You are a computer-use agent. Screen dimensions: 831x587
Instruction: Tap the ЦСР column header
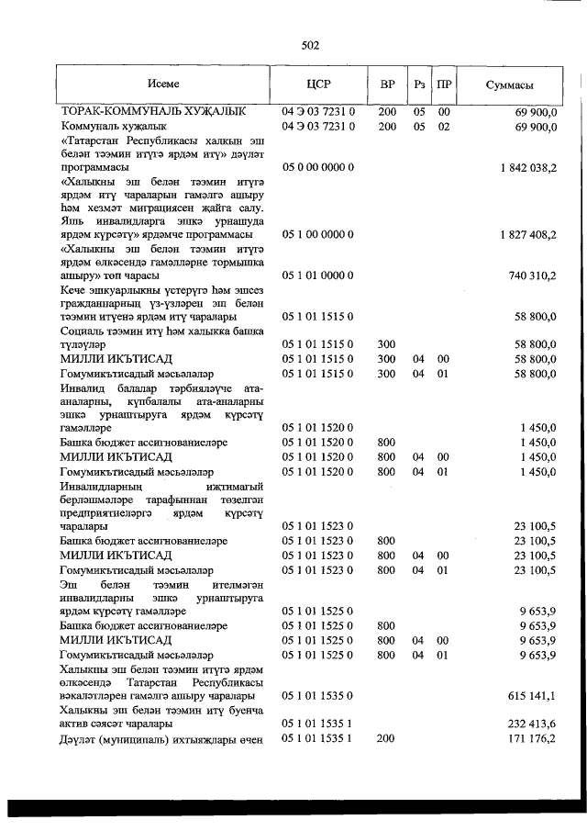318,84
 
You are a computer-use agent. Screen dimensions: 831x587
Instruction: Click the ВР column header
387,84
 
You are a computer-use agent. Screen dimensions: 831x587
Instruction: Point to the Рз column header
419,84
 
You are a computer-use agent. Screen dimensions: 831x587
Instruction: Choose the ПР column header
444,84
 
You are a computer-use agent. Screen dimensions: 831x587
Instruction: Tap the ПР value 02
444,126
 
